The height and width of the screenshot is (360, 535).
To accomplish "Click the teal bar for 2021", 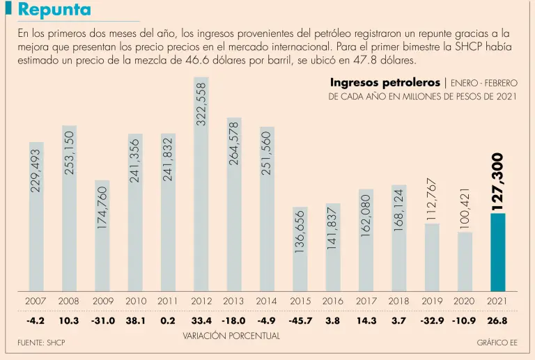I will click(497, 252).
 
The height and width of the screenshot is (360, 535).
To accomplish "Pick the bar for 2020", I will click(465, 261).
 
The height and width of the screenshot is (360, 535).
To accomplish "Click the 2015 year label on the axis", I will click(300, 301).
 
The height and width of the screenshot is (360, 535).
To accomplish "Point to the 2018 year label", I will click(398, 301).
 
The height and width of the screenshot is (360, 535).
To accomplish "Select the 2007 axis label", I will click(36, 301).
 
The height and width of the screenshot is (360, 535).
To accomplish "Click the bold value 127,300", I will click(497, 182).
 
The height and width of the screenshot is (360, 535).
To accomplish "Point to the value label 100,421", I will click(465, 206).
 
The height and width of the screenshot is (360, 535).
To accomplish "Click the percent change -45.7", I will click(300, 321).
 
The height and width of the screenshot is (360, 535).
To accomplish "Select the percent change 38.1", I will click(134, 321).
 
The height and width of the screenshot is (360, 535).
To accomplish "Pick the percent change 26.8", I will click(497, 321).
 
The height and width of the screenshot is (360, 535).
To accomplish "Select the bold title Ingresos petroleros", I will click(385, 83).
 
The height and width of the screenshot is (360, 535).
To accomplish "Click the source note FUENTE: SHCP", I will click(41, 343).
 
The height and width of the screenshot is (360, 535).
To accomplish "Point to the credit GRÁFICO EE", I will click(497, 343).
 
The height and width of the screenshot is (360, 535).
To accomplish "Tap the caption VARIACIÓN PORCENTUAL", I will click(231, 336).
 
